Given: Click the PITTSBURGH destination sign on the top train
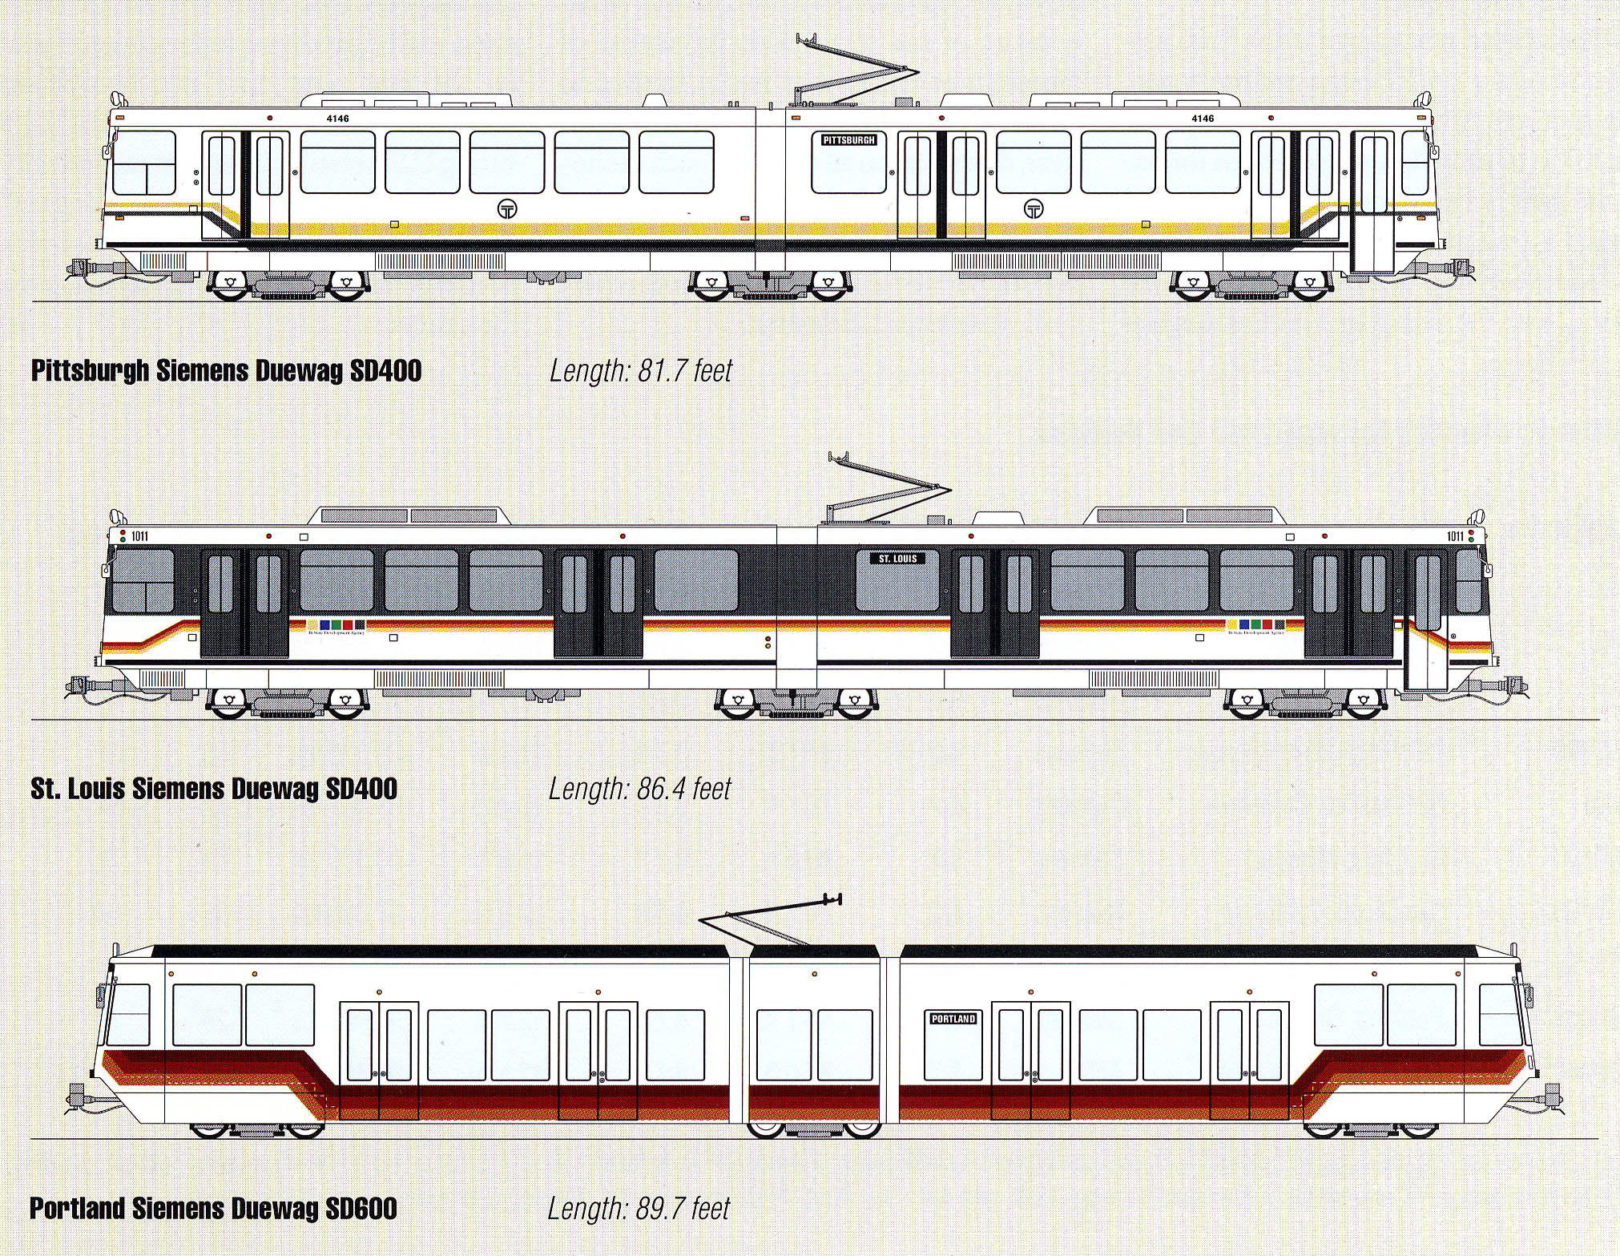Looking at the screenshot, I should (849, 139).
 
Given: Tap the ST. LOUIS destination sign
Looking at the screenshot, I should (897, 558).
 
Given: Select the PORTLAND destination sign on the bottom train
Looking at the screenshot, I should (953, 1019).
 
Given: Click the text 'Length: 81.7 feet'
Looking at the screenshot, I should (640, 370).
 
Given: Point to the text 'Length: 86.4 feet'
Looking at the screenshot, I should (639, 789).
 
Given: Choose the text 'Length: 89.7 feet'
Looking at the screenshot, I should (639, 1208).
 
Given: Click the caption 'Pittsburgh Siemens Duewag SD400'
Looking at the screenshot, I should (226, 371).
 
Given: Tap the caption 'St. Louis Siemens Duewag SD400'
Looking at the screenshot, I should (214, 789).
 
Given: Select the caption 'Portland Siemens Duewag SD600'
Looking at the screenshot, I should (213, 1208).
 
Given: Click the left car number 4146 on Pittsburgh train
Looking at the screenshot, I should (338, 119).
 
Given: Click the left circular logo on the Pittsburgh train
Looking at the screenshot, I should (507, 208).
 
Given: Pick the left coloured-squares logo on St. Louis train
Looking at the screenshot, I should (336, 624).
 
